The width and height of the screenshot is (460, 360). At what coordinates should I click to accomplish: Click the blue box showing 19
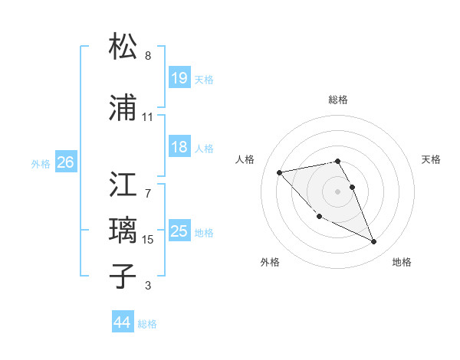click(x=179, y=77)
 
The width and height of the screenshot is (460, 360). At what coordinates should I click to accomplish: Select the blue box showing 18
click(x=179, y=147)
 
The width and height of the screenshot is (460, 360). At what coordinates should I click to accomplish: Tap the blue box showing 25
click(x=179, y=231)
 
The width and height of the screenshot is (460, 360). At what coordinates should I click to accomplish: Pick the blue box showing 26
click(x=65, y=162)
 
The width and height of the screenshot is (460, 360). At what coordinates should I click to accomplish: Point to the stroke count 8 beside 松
click(x=148, y=56)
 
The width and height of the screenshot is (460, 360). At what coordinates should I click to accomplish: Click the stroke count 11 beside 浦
click(x=148, y=117)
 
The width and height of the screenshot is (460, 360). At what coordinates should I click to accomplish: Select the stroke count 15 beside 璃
click(x=148, y=240)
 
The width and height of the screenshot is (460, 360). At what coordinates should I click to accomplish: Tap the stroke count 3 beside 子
click(x=148, y=286)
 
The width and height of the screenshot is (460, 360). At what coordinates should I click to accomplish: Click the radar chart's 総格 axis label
click(x=338, y=100)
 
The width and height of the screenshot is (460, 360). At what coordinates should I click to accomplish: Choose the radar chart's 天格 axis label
click(x=432, y=159)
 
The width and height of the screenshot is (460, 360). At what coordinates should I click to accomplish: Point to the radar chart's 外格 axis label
click(x=270, y=262)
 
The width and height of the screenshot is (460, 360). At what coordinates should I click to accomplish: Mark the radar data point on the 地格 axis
click(x=374, y=242)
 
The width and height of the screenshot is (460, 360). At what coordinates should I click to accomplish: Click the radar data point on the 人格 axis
click(x=280, y=172)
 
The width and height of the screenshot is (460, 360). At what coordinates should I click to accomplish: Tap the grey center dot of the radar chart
click(x=338, y=191)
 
